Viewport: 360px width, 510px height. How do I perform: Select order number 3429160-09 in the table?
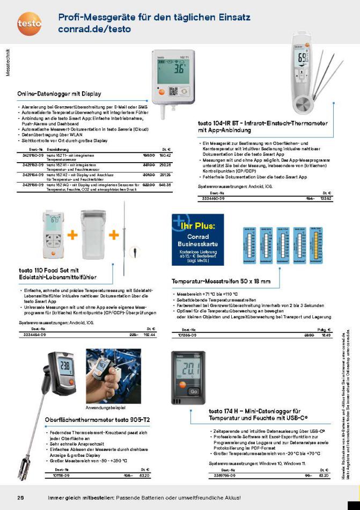click(x=32, y=155)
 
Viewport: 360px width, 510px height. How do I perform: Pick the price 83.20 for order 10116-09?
click(x=143, y=475)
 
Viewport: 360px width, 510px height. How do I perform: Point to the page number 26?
click(x=21, y=498)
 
